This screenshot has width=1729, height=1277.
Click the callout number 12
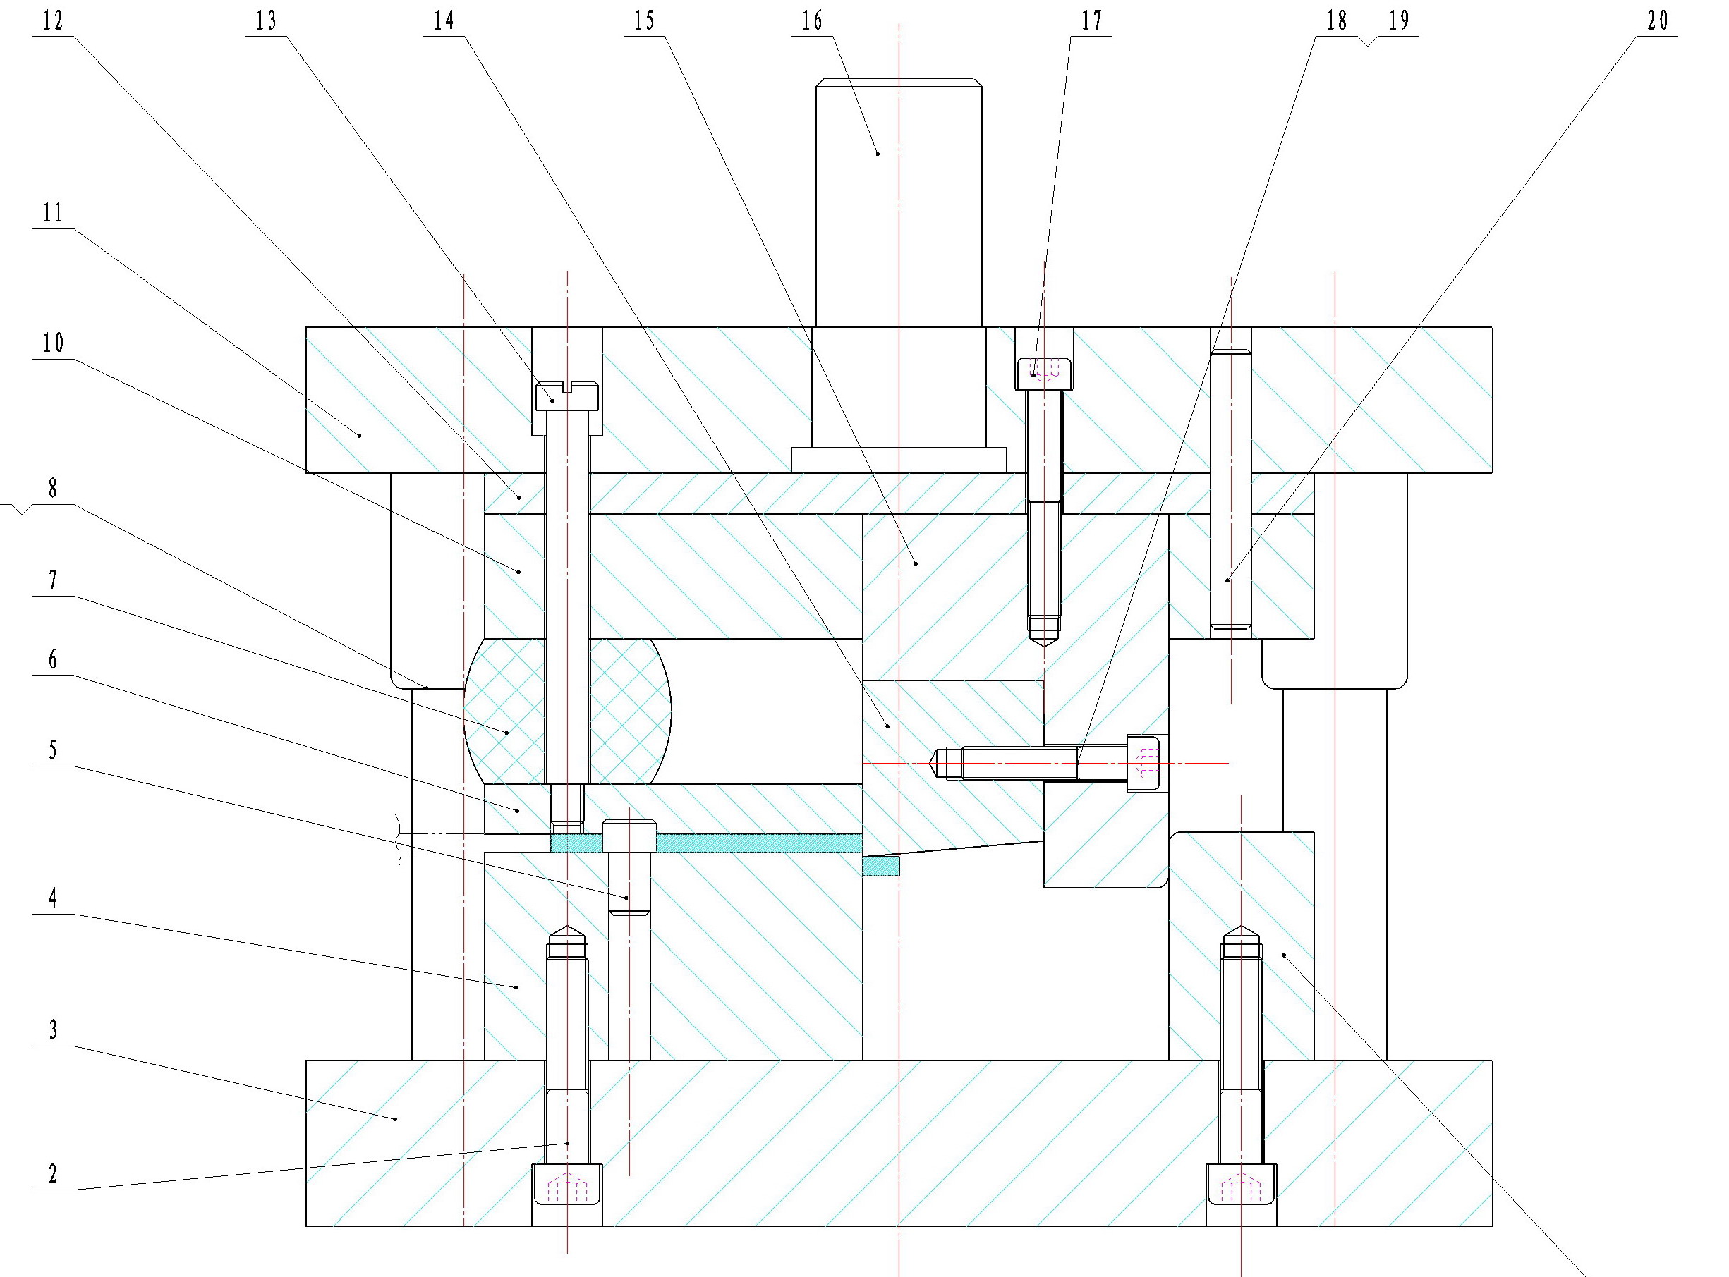53,21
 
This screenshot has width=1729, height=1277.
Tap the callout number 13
266,21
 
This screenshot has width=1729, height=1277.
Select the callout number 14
444,21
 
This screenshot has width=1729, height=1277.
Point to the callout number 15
644,21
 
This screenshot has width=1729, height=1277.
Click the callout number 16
812,21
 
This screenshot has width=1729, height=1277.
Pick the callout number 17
1092,21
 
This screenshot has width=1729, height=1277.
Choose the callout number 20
1657,21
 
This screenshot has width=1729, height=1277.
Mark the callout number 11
53,212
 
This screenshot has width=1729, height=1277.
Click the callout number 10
53,343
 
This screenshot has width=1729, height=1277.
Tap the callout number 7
53,580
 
